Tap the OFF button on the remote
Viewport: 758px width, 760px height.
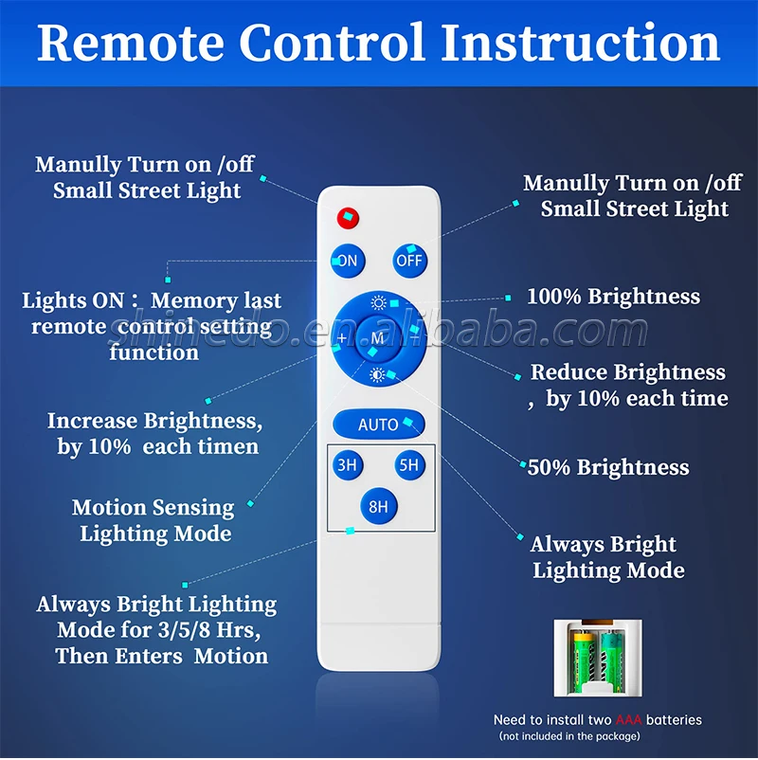[x=409, y=261]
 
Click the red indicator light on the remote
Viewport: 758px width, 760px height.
[x=348, y=218]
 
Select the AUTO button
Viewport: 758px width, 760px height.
[x=378, y=425]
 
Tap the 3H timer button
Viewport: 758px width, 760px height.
[x=348, y=465]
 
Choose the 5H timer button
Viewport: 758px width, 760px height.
[x=409, y=465]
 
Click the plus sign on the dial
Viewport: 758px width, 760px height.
[x=342, y=338]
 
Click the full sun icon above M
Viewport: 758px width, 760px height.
[x=378, y=303]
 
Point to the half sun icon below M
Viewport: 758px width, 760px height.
[x=377, y=375]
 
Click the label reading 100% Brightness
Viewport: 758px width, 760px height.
[x=613, y=297]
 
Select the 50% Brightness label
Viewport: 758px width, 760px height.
[x=608, y=467]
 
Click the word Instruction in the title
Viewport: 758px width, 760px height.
[x=580, y=43]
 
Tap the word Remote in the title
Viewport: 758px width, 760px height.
[x=131, y=43]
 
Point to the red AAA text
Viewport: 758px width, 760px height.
[x=628, y=720]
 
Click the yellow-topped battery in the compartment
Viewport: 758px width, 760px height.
[x=584, y=660]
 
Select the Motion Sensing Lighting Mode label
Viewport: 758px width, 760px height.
[x=154, y=520]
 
